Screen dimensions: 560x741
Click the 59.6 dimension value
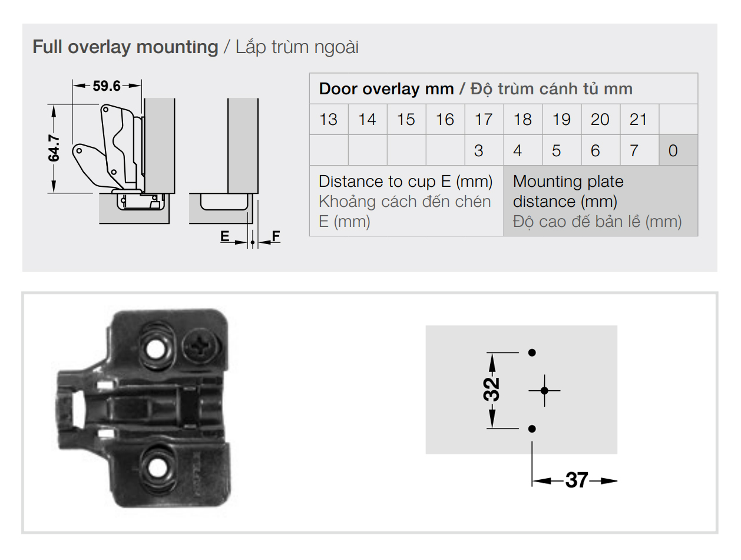106,86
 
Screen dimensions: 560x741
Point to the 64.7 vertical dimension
54,148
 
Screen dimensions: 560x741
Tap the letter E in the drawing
224,236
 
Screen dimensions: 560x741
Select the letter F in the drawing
276,236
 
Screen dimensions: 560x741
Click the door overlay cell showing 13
328,120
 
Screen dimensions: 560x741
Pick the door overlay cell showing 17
484,120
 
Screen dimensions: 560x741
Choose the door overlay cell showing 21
639,120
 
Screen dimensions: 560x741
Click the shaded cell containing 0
673,151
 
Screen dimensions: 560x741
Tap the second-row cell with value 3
478,151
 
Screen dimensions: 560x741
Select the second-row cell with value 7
634,151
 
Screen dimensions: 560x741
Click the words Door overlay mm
386,89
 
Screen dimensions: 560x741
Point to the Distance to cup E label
405,182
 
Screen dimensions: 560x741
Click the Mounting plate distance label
568,191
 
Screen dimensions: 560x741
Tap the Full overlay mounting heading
125,47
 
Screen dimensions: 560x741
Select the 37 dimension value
577,480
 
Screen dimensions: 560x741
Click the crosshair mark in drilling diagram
544,390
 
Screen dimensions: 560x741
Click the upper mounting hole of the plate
156,350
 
